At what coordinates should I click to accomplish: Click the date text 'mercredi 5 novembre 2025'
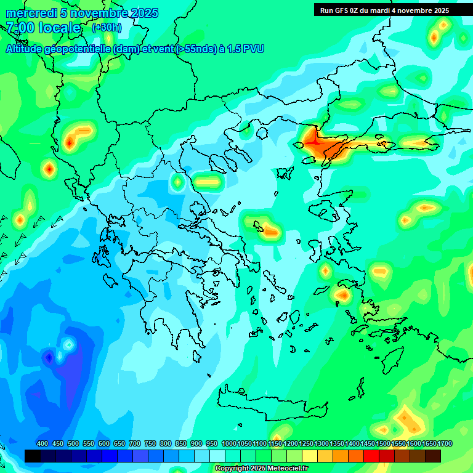coord(82,13)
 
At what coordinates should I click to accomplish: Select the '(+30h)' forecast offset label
coord(107,28)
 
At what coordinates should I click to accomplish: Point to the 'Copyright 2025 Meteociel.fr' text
coord(261,468)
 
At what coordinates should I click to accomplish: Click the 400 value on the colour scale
coord(42,443)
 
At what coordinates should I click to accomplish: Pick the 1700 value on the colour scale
coord(445,443)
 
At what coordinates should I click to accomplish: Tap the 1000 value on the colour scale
coord(228,443)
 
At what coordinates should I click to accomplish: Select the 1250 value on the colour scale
coord(306,443)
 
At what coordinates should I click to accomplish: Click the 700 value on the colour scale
coord(135,443)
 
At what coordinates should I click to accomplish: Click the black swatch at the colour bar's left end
coord(33,456)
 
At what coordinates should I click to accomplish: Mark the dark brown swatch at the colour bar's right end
coord(433,456)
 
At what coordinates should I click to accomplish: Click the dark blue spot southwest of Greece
coord(49,357)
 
